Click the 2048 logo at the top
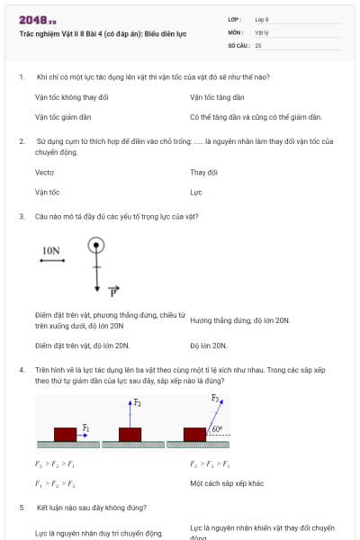point(38,19)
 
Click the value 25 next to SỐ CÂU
point(258,44)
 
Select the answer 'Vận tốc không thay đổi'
point(71,97)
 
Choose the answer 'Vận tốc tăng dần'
point(217,97)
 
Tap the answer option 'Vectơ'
point(44,172)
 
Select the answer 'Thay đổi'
point(204,172)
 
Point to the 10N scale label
point(51,251)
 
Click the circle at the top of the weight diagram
point(96,245)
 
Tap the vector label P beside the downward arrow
point(113,292)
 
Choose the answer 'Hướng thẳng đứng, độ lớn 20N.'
point(239,320)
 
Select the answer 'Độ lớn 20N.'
point(208,346)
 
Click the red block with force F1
point(65,434)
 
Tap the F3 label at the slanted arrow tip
point(214,398)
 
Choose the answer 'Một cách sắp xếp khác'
point(227,483)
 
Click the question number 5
point(21,508)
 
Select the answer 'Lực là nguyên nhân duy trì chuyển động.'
point(98,533)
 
